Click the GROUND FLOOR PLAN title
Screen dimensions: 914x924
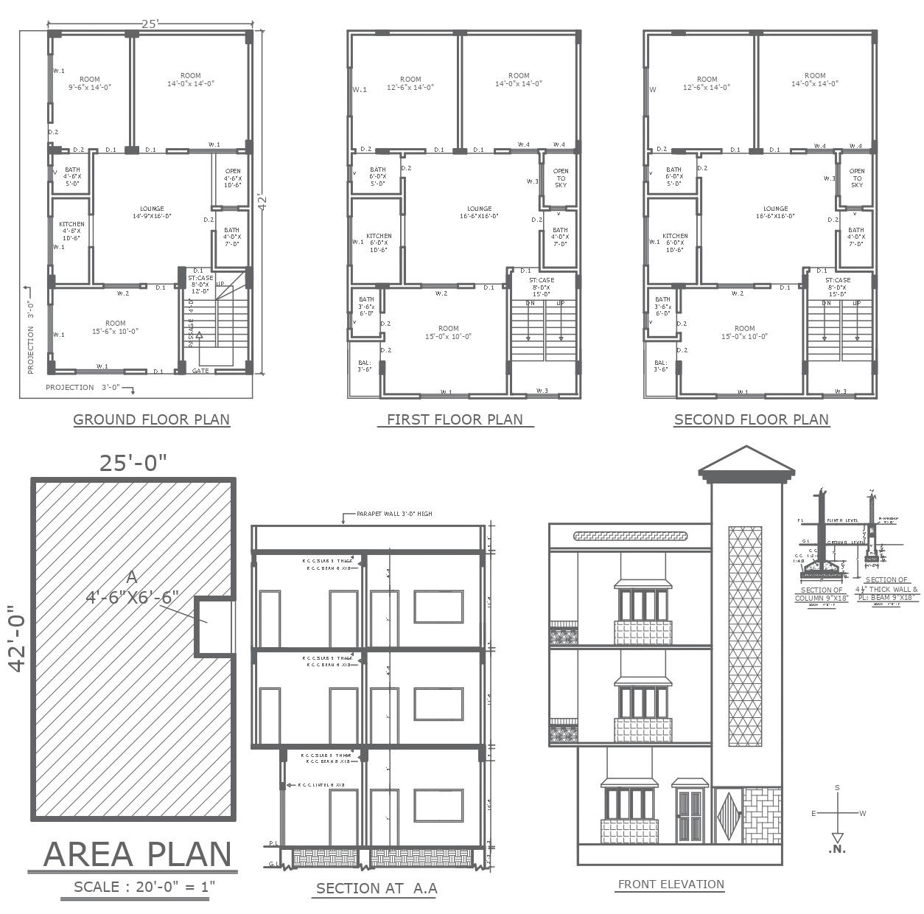[151, 419]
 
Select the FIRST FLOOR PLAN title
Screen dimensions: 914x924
[455, 419]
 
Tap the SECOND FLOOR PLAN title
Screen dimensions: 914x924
[751, 419]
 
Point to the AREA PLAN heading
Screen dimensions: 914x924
[137, 854]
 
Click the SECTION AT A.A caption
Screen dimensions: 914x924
[377, 888]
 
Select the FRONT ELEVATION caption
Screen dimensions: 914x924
[671, 885]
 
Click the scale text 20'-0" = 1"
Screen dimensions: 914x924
[144, 887]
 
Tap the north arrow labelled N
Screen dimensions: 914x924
[837, 840]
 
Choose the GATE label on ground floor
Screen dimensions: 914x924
[200, 371]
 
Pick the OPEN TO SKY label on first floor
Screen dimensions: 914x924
[561, 178]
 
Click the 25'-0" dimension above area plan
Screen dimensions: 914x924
[133, 462]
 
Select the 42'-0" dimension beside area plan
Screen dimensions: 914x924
[16, 638]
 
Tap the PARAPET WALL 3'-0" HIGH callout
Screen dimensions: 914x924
[394, 514]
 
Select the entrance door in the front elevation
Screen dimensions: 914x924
[690, 815]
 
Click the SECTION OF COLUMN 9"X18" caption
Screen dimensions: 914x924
[821, 594]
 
